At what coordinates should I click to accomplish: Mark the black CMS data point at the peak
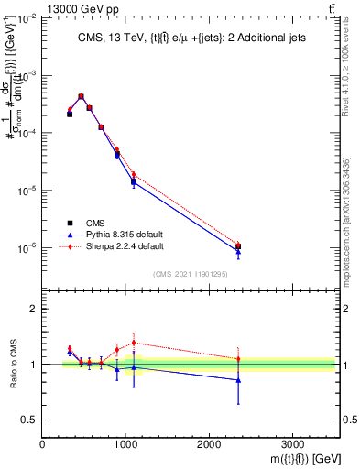coord(82,96)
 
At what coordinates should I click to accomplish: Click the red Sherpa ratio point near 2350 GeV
coord(238,358)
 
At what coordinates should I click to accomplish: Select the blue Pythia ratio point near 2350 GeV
coord(238,379)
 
